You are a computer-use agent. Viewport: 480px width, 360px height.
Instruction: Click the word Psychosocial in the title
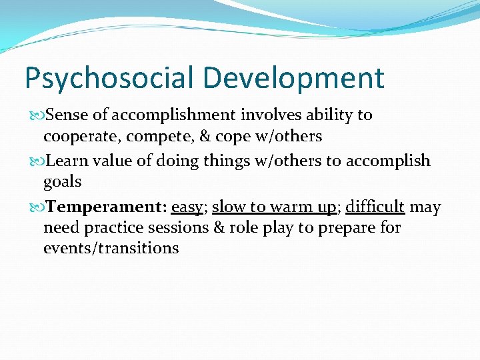point(110,79)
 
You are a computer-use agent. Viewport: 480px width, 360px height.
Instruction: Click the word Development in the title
point(294,79)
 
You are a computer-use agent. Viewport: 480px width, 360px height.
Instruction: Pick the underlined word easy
point(187,207)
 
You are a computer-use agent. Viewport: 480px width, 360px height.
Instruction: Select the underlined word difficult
point(375,207)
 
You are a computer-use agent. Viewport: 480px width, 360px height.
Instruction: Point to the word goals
point(62,182)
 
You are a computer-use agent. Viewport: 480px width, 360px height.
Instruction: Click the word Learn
point(67,161)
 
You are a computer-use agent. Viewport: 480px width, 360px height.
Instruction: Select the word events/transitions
point(111,249)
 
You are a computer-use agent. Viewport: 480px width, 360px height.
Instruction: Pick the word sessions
point(179,228)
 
